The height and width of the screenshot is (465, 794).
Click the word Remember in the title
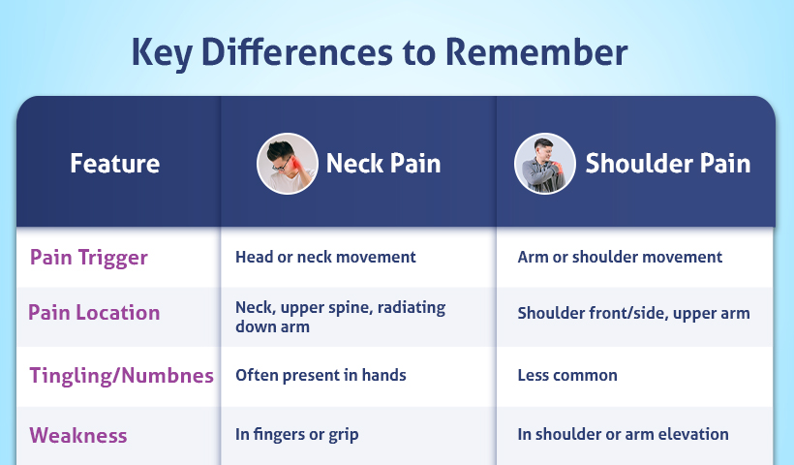click(x=536, y=51)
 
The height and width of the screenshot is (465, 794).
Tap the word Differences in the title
click(x=296, y=51)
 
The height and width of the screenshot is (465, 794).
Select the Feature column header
click(x=115, y=163)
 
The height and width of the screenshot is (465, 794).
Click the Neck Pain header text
click(x=383, y=163)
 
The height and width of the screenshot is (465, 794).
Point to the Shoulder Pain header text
click(x=668, y=163)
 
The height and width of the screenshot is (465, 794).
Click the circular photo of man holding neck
click(x=288, y=163)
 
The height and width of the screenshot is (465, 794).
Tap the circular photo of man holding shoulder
click(x=545, y=163)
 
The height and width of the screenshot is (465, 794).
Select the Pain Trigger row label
click(x=89, y=258)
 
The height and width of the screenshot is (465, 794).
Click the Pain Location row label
click(x=94, y=313)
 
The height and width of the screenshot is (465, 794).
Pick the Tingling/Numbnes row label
click(x=122, y=375)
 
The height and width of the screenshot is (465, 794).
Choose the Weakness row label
click(x=78, y=435)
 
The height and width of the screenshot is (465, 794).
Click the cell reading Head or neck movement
click(x=325, y=257)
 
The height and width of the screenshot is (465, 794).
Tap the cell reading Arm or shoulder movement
click(x=620, y=257)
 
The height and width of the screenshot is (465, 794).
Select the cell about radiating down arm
click(x=340, y=317)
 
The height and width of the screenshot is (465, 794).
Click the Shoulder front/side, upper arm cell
click(x=633, y=313)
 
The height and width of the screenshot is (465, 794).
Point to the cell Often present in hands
click(x=321, y=375)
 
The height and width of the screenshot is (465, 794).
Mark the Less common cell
click(x=567, y=375)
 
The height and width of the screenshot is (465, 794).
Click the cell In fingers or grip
click(x=296, y=435)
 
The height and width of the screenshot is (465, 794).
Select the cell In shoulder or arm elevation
click(x=623, y=434)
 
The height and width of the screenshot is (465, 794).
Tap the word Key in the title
click(x=162, y=53)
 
